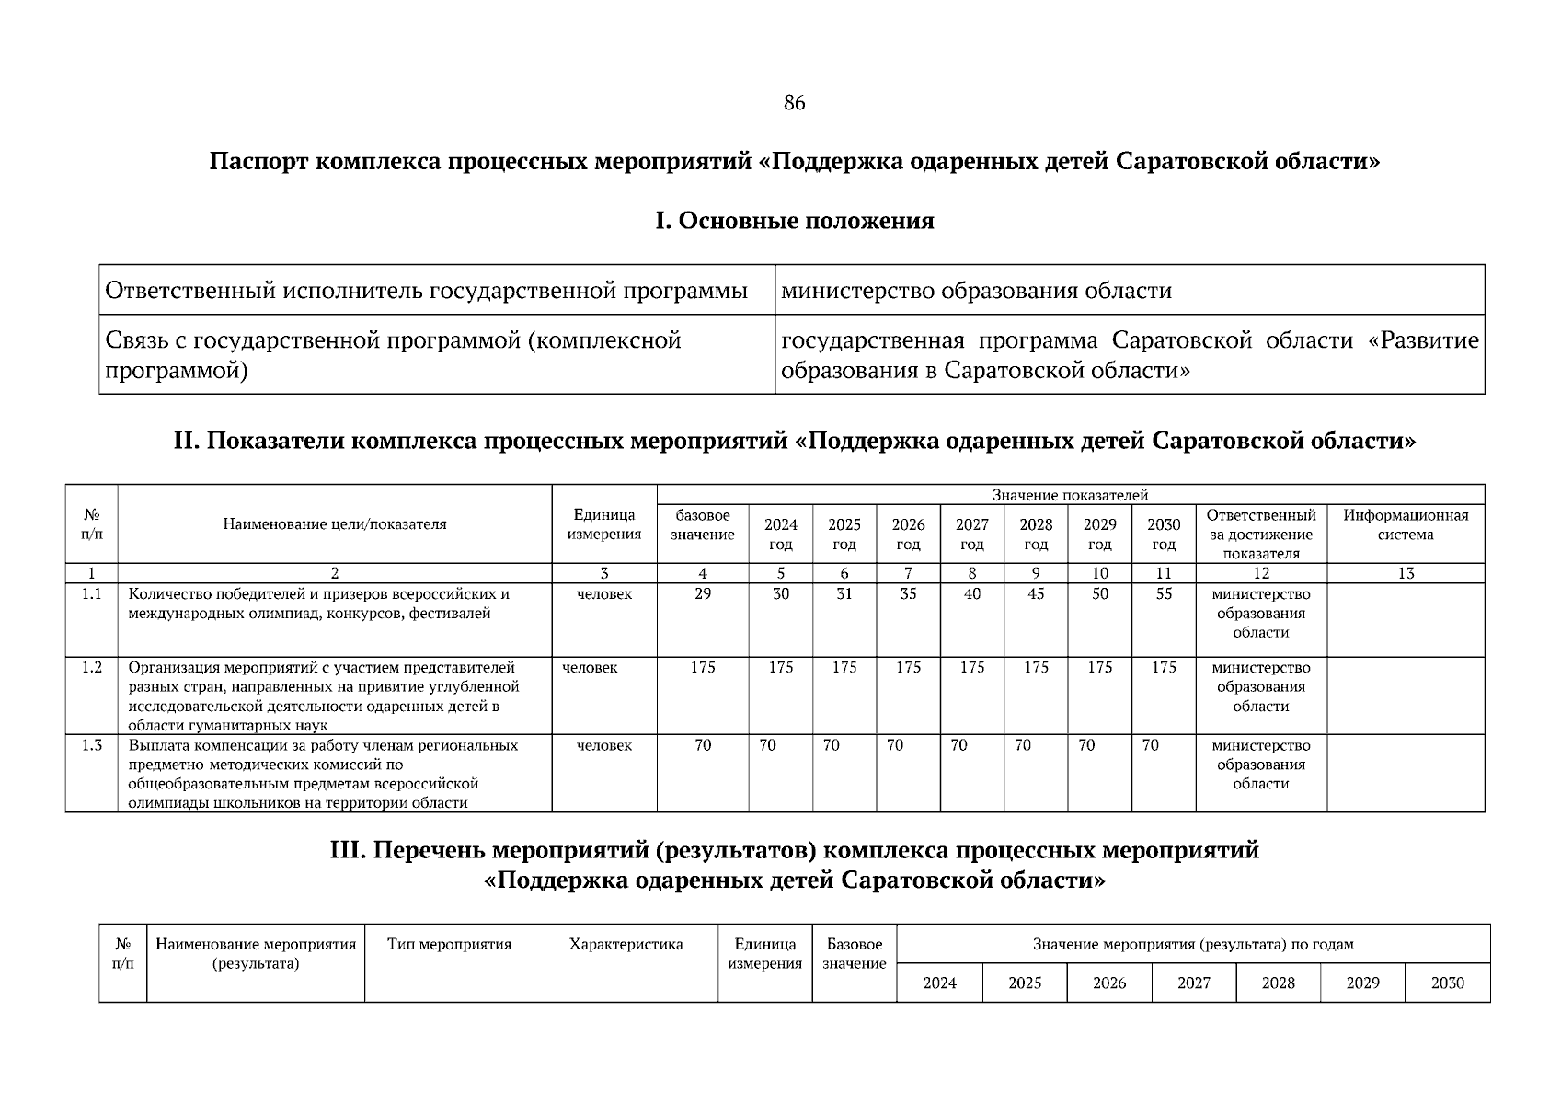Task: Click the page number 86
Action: pos(794,103)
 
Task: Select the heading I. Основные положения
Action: pos(794,222)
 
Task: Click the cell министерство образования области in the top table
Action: pos(976,292)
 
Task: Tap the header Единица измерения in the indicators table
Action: pos(603,524)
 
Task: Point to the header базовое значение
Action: pos(702,524)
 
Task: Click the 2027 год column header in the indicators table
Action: pos(971,534)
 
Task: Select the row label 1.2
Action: pos(91,668)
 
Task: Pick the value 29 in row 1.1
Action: pos(702,594)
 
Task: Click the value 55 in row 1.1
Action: pos(1164,594)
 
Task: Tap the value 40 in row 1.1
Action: pos(971,594)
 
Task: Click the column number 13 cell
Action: pos(1405,573)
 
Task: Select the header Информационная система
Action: pos(1405,524)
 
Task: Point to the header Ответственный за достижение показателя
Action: pos(1260,534)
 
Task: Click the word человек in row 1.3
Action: pos(603,745)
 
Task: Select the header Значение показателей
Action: pos(1070,495)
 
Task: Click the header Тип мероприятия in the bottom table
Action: pos(449,944)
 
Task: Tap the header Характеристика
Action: pos(626,944)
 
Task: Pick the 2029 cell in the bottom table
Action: pos(1362,983)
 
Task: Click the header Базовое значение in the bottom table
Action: pos(854,954)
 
